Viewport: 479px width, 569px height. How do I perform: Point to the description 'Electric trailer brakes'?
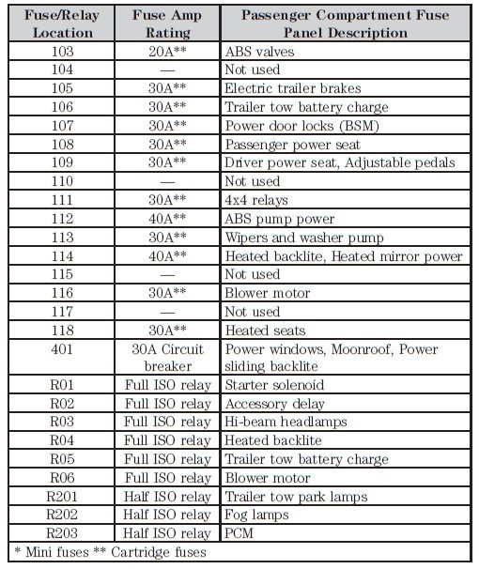292,88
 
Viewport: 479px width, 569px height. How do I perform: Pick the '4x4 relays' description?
256,200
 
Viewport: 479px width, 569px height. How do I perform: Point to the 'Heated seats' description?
265,331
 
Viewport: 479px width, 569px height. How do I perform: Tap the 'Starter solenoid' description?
273,385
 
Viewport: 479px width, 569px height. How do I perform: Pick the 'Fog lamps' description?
257,515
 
